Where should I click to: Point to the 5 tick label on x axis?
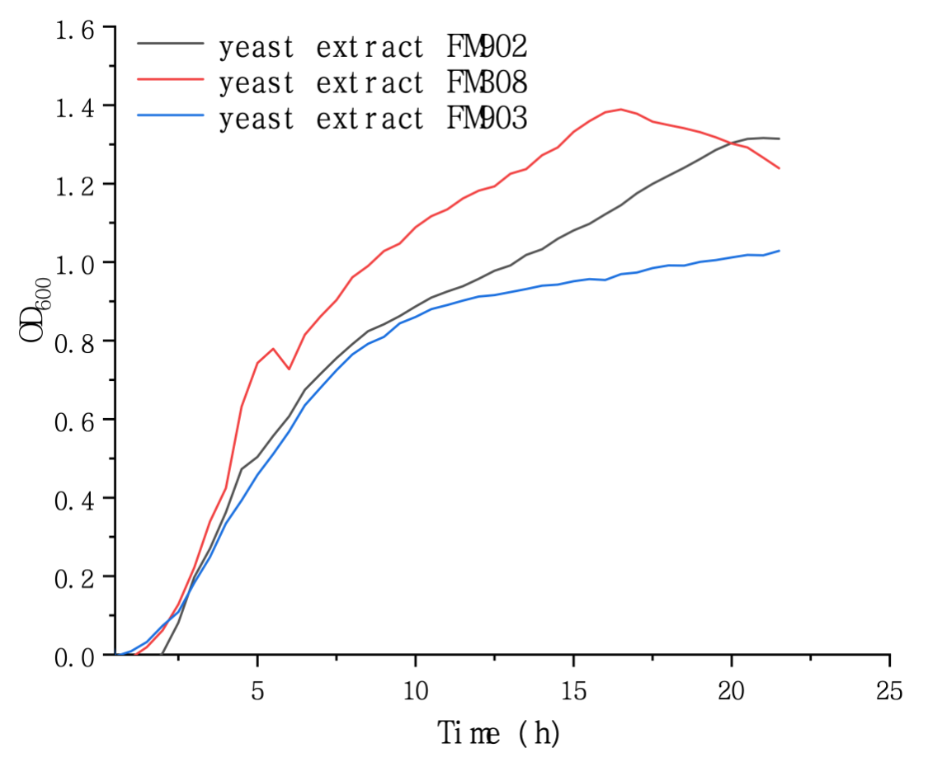(258, 689)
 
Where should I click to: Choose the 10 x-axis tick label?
(416, 689)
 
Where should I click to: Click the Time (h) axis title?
(498, 731)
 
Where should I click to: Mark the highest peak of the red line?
(620, 109)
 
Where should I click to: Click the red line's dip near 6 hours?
(289, 369)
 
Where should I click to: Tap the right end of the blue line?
(779, 251)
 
